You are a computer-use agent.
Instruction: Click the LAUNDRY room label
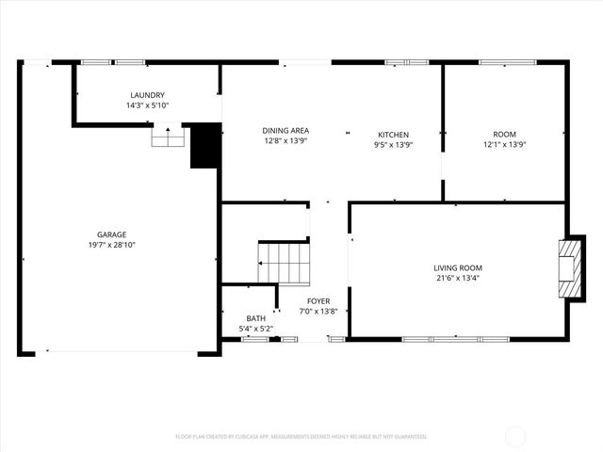pos(147,95)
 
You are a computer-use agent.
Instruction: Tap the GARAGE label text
pos(111,234)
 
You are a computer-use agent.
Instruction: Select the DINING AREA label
pos(285,131)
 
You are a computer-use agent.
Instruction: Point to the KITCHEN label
pos(393,135)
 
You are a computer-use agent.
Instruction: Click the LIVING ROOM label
pos(458,267)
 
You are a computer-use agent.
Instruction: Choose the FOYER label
pos(318,300)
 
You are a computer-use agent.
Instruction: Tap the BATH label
pos(256,318)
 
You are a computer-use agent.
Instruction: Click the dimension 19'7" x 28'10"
pos(111,245)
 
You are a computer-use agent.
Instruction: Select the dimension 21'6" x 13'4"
pos(458,278)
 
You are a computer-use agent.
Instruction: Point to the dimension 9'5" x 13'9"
pos(393,145)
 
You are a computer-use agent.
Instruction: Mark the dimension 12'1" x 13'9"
pos(504,145)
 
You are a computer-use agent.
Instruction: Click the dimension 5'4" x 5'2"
pos(256,329)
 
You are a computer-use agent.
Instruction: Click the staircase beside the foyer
pos(285,262)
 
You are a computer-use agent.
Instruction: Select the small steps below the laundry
pos(168,138)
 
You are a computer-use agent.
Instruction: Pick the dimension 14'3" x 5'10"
pos(147,105)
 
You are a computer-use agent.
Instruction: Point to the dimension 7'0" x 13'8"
pos(318,311)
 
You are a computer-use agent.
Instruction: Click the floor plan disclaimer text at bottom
pos(301,437)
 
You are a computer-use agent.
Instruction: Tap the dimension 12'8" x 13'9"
pos(285,141)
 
